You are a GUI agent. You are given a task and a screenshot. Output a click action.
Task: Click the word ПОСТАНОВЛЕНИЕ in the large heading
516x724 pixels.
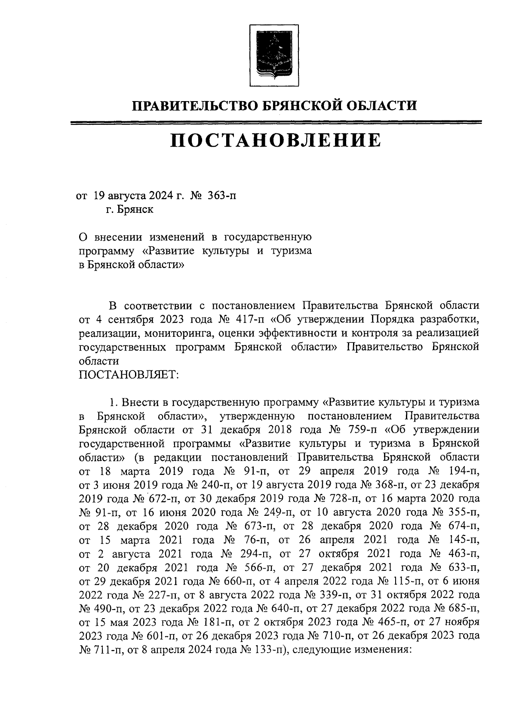(275, 141)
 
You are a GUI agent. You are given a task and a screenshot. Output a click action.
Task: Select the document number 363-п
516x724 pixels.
(222, 196)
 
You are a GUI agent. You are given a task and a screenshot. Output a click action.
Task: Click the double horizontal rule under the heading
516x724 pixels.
(275, 123)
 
